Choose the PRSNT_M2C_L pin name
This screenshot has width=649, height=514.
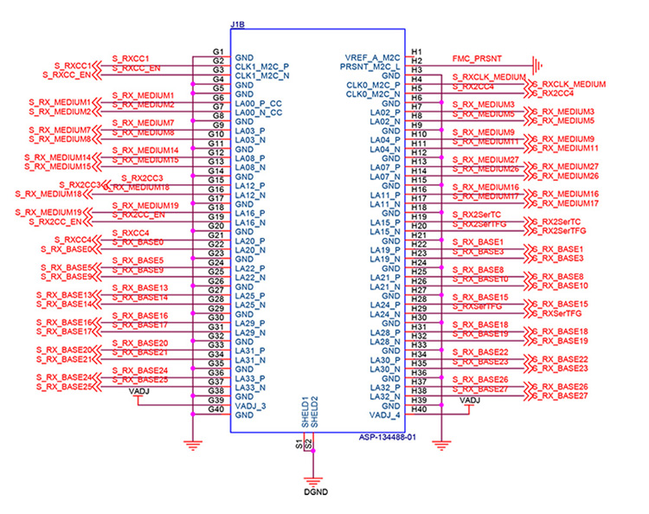coord(370,66)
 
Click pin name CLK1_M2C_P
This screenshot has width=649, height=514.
coord(261,66)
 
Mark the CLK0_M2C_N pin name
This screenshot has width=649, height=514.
coord(373,93)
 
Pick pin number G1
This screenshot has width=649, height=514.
coord(217,53)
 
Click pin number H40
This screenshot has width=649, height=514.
coord(419,410)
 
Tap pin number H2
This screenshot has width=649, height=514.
coord(417,61)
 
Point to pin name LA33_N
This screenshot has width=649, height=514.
coord(251,388)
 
